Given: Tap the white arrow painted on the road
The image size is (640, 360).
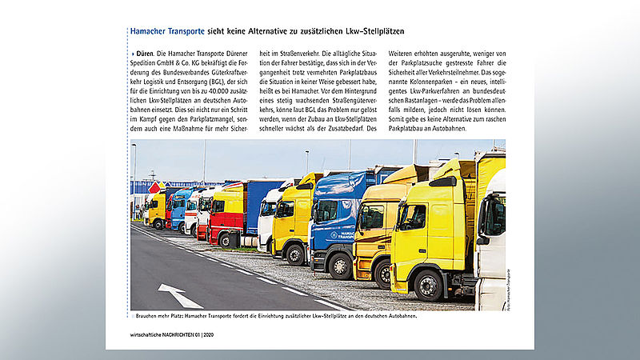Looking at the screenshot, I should point(180,295).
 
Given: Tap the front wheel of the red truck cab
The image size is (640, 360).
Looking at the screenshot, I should point(226,239).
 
